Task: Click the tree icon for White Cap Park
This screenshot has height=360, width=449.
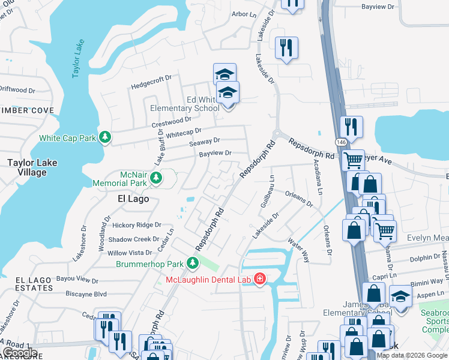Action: coord(106,138)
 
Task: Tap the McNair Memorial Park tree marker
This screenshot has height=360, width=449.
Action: coord(156,178)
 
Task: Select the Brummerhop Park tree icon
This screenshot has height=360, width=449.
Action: coord(193,263)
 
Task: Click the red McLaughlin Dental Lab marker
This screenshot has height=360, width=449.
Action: coord(260,280)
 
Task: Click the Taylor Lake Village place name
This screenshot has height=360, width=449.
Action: coord(27,167)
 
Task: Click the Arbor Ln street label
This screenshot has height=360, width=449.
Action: coord(243,14)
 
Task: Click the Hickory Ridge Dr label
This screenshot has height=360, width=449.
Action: coord(137,225)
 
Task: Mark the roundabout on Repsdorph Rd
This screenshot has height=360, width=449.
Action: coord(278,133)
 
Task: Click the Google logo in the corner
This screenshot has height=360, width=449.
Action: coord(20,352)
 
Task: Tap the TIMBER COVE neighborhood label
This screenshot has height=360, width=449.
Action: coord(27,110)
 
